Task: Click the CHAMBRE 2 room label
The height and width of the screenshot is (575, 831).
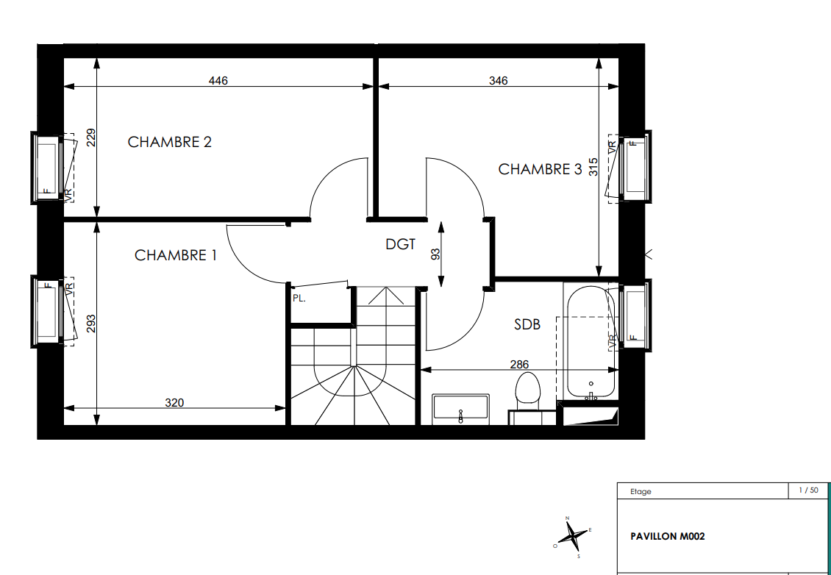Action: (170, 142)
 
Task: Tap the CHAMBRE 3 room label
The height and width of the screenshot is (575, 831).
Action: (540, 169)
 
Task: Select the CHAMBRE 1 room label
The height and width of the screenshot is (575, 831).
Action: (176, 255)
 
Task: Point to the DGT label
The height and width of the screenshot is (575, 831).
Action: (400, 244)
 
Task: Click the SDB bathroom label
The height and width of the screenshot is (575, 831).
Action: (527, 324)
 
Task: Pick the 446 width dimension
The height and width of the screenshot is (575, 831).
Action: (218, 81)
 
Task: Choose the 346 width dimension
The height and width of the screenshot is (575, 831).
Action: (498, 81)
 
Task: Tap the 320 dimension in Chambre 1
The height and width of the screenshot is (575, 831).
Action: (174, 403)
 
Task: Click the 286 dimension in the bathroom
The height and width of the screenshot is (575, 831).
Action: (519, 365)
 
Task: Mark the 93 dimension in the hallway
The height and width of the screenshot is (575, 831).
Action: (435, 254)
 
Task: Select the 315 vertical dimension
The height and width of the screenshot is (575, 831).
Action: (593, 167)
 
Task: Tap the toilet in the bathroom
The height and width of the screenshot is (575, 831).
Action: (527, 394)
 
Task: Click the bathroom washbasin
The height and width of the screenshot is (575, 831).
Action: (460, 409)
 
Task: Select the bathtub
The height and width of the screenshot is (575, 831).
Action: (591, 342)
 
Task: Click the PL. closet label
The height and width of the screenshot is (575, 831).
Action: (299, 299)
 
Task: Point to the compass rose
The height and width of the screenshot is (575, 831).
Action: (572, 537)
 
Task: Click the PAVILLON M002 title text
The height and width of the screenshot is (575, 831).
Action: (668, 536)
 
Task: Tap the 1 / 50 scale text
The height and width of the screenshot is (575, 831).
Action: (809, 490)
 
